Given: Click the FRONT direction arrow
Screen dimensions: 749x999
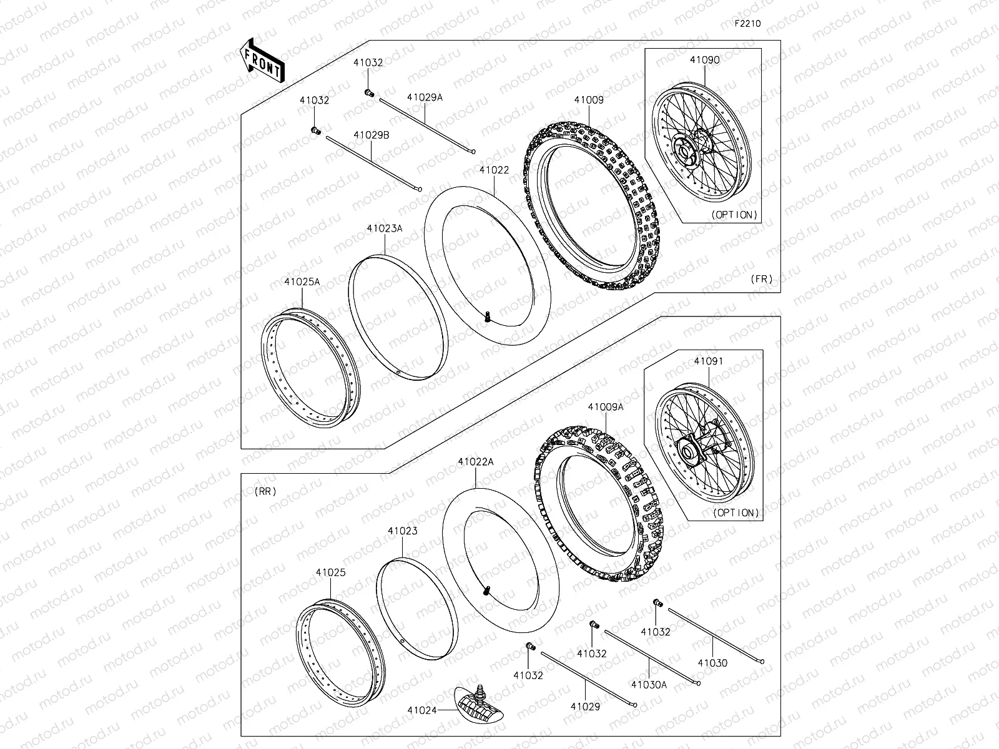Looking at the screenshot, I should coord(262,60).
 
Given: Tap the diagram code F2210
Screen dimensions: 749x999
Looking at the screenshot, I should coord(747,24).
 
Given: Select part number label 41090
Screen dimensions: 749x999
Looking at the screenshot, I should coord(704,61).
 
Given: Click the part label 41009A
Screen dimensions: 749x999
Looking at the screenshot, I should coord(605,406).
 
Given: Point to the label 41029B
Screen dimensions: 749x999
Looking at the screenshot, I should coord(372,135).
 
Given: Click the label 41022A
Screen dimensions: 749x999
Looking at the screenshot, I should coord(475,462).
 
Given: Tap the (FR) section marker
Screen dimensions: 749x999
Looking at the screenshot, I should coord(761,279).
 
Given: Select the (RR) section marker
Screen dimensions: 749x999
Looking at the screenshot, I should coord(265,491).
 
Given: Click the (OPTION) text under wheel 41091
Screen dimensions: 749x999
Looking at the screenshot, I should coord(736,512).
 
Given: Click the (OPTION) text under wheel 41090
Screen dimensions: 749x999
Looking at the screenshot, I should coord(734,214).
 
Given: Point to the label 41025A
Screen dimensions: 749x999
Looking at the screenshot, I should coord(302,281).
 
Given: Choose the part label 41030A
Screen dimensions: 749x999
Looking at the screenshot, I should coord(649,684).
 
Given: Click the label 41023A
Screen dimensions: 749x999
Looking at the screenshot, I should coord(384,228).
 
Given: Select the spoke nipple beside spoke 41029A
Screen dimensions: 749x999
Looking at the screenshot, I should coord(369,93).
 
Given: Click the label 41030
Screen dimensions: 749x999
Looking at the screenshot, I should coord(712,663).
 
